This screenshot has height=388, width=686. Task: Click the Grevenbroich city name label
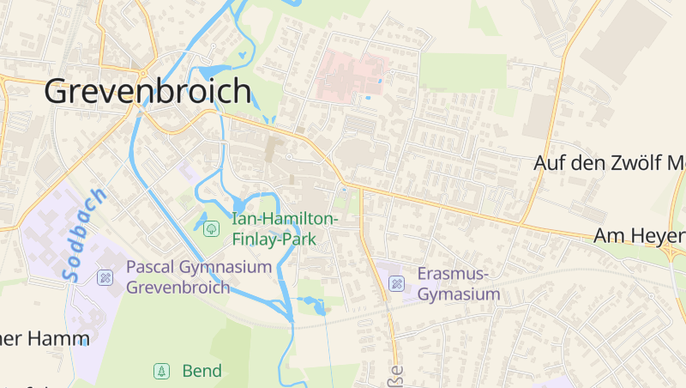tap(147, 91)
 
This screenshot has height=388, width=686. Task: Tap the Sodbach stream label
tap(84, 233)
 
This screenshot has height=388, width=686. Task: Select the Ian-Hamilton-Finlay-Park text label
tap(285, 229)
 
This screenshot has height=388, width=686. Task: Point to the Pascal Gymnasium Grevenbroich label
tap(199, 276)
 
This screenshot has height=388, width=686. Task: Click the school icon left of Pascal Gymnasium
tap(105, 276)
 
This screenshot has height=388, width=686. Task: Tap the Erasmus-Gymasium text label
tap(459, 284)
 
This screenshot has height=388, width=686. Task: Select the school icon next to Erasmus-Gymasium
tap(397, 283)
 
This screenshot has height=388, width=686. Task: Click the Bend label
tap(202, 371)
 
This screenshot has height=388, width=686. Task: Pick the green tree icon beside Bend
tap(160, 371)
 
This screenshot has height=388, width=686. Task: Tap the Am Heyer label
tap(640, 236)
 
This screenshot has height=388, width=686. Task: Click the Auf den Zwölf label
tap(609, 162)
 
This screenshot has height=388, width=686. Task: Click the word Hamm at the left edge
tap(57, 338)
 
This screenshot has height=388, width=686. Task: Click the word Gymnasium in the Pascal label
tap(226, 267)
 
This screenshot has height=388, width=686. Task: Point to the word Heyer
tap(661, 236)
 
